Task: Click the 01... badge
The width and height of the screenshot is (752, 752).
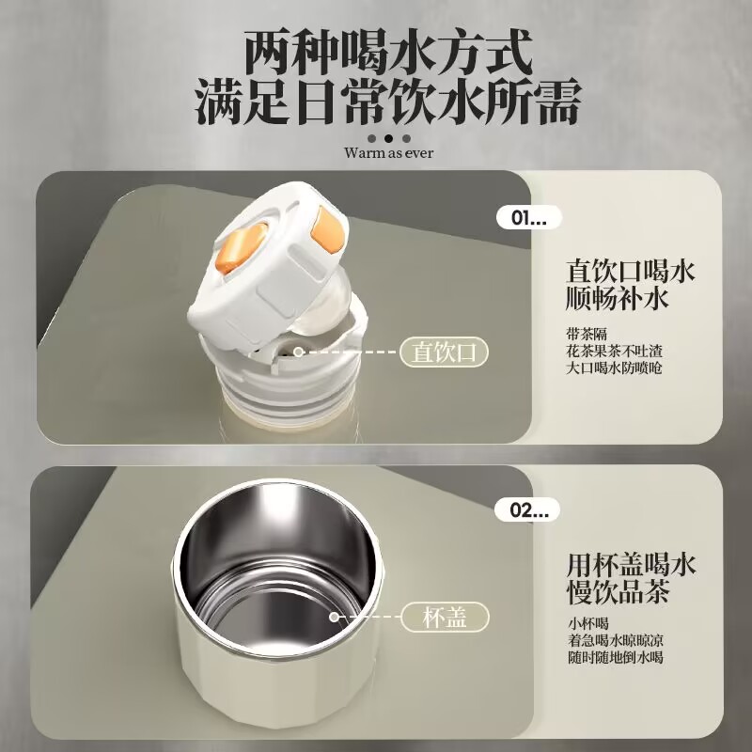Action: click(527, 218)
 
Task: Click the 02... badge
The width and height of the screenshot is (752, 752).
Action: click(527, 510)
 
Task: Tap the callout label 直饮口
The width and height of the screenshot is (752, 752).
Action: click(446, 352)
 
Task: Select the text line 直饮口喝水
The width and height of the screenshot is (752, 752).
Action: click(631, 273)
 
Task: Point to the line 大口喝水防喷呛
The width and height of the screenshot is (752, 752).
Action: click(614, 368)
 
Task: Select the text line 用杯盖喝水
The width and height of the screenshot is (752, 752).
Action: click(631, 565)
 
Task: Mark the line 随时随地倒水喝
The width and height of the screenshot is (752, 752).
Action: click(614, 659)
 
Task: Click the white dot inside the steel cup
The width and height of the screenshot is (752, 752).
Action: click(335, 617)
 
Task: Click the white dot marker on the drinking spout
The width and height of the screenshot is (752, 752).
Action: click(298, 352)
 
